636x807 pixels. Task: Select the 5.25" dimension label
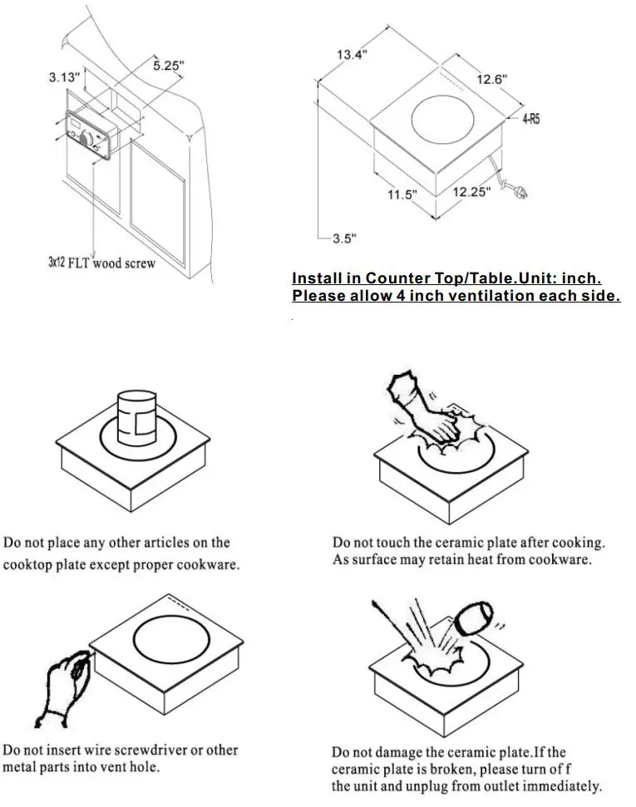click(168, 66)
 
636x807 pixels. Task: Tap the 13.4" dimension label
click(352, 55)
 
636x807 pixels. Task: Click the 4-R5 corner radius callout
click(531, 120)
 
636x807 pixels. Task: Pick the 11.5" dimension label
click(402, 194)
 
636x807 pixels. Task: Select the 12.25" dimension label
click(471, 191)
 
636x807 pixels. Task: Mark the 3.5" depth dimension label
click(344, 239)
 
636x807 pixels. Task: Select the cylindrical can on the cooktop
click(137, 415)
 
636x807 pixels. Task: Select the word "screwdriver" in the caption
click(170, 750)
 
